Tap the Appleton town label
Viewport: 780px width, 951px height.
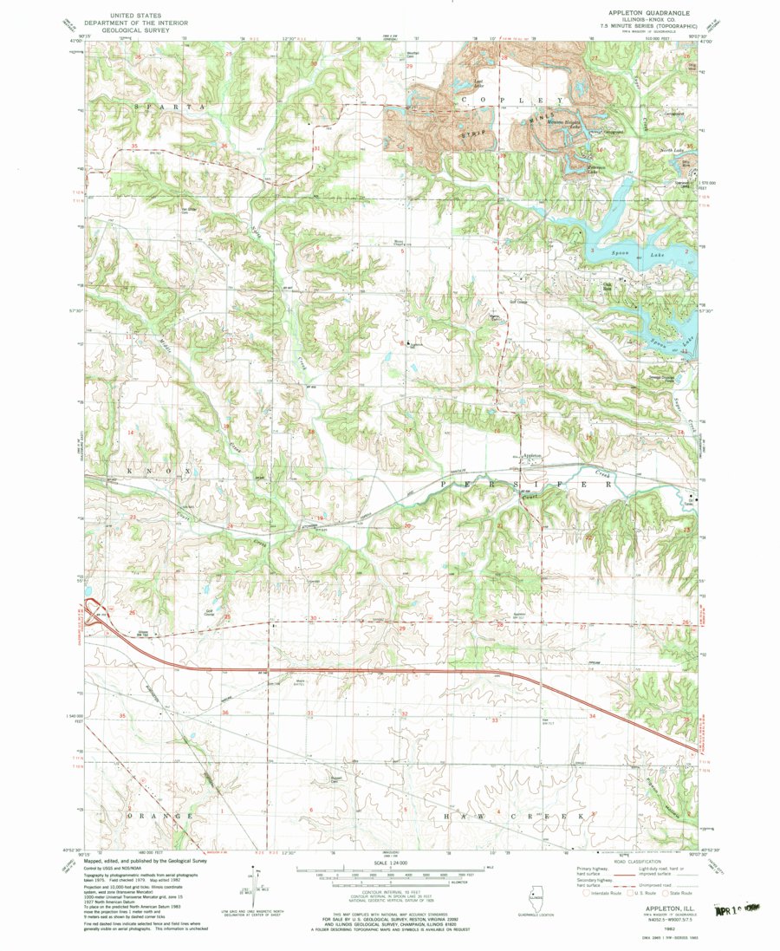532,453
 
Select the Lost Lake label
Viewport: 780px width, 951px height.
477,85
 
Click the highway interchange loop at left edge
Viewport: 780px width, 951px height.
93,610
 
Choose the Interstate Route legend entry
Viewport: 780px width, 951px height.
602,891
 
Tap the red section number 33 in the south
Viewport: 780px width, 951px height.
496,720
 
